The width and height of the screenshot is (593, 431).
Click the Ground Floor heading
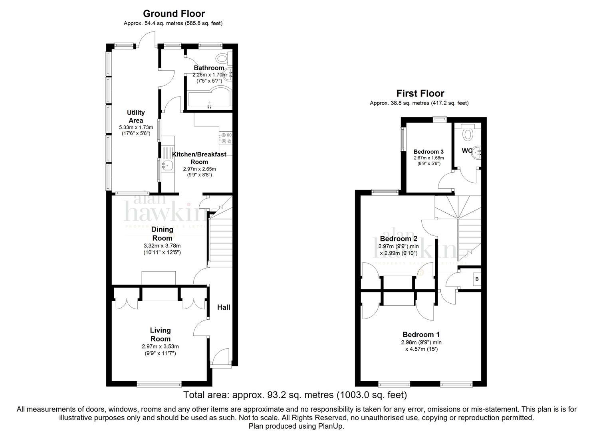174,14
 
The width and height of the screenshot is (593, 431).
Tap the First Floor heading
420,93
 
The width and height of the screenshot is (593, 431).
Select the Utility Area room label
136,117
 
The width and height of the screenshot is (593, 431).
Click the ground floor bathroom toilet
224,59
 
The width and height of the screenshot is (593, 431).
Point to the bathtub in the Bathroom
209,97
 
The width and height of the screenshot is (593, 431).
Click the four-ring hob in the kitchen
226,138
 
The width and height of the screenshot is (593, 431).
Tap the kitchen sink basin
167,166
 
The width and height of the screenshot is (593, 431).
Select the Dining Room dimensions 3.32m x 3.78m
162,246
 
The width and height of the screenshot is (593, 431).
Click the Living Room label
161,334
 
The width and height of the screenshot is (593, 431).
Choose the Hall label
224,307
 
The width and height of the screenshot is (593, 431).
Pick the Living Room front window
159,384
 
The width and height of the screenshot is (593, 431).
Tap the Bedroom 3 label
428,152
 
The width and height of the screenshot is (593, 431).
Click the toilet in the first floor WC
468,133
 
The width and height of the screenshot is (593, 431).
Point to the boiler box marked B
477,279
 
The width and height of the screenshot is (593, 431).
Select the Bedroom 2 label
399,239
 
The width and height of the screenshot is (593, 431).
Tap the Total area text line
295,395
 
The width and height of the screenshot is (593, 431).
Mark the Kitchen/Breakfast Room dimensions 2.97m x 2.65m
199,169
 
